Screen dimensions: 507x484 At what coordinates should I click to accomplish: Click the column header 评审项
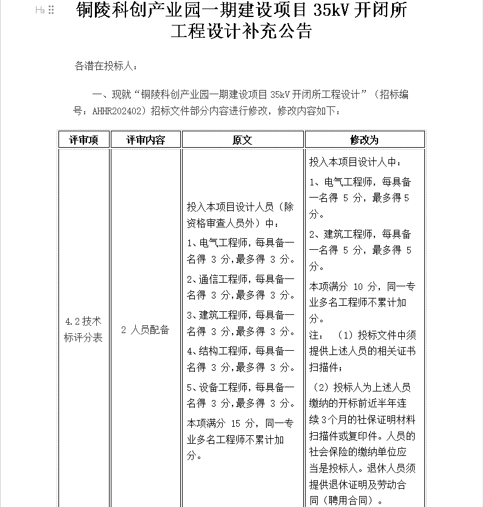pyautogui.click(x=84, y=140)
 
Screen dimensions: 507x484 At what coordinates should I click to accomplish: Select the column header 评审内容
pyautogui.click(x=146, y=140)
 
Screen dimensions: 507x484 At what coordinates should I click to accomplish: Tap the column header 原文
pyautogui.click(x=242, y=140)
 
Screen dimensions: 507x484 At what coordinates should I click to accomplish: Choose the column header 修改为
pyautogui.click(x=364, y=140)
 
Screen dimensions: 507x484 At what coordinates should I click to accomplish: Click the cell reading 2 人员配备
pyautogui.click(x=146, y=330)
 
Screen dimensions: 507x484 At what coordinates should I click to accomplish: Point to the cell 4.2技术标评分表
pyautogui.click(x=83, y=329)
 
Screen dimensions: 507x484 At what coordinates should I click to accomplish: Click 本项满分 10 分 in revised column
pyautogui.click(x=344, y=286)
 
